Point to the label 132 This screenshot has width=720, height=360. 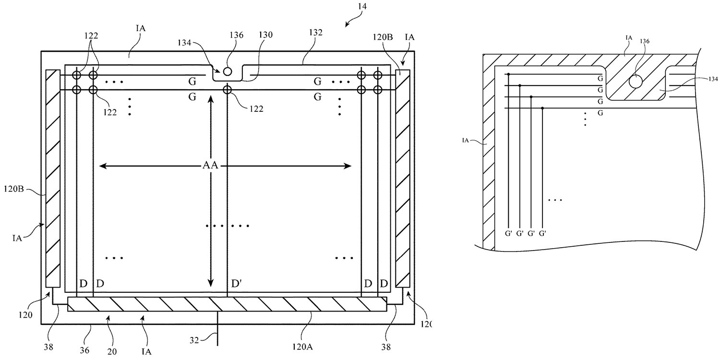(x=316, y=33)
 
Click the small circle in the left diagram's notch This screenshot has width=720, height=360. (x=228, y=72)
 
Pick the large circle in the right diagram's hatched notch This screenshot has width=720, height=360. (x=636, y=81)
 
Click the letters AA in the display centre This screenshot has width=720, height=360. (x=210, y=167)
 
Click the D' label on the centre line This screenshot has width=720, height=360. (x=236, y=284)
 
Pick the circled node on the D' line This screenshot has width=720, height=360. (x=227, y=90)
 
